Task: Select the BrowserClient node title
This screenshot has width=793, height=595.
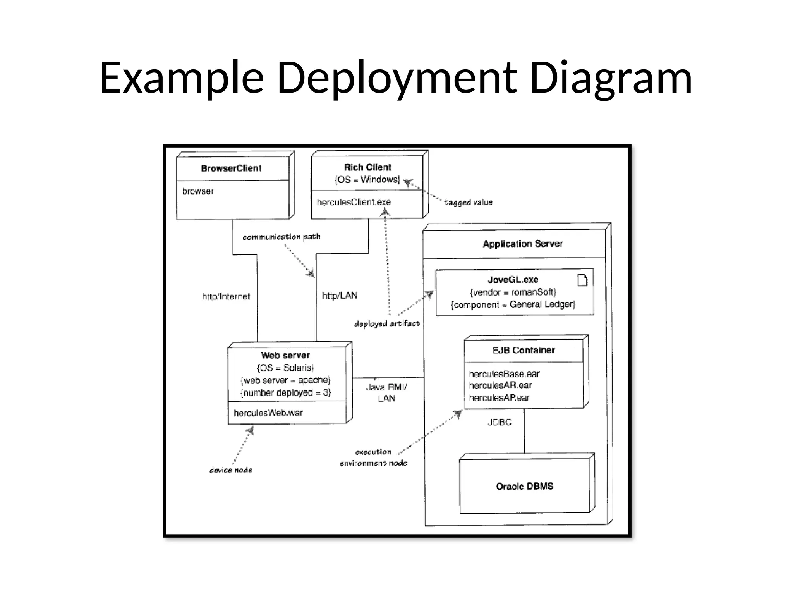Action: pos(231,168)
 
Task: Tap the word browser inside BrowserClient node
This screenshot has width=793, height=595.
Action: pos(198,191)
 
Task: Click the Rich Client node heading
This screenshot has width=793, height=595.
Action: pos(367,167)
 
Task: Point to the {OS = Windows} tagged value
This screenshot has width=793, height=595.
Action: pos(367,179)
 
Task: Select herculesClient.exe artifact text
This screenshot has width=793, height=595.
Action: pos(354,202)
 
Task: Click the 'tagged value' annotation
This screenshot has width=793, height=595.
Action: pos(468,202)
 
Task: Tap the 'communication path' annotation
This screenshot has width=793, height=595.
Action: pos(281,237)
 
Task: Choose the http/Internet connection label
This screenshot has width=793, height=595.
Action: pos(226,296)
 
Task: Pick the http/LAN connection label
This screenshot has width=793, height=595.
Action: pos(340,296)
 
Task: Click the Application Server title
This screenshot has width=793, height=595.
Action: pos(523,244)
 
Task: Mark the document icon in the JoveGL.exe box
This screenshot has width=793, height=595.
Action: pos(582,280)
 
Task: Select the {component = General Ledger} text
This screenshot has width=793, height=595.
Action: pos(513,304)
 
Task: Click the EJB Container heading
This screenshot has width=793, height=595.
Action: pos(524,350)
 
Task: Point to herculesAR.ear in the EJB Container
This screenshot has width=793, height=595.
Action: pos(500,385)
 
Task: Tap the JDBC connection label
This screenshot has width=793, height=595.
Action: pos(499,422)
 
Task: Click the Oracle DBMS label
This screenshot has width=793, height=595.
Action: pos(524,486)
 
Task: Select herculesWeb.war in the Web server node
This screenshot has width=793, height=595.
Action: pos(268,413)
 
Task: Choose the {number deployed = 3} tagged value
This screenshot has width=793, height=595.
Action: pos(286,393)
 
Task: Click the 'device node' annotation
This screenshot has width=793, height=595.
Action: pos(231,470)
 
